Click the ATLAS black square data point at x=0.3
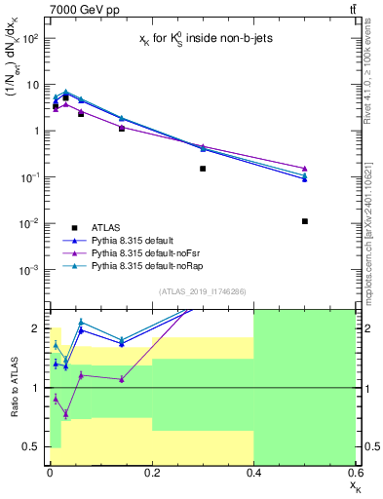click(203, 169)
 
